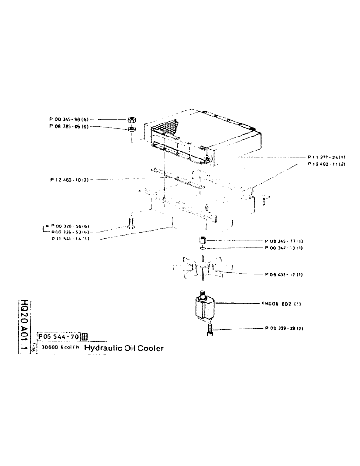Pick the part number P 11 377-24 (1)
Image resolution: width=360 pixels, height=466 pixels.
tap(325, 157)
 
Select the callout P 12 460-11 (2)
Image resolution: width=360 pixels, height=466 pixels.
tap(325, 164)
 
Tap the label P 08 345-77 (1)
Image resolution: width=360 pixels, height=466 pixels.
tap(284, 241)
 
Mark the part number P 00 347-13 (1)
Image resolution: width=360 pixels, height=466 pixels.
tap(284, 248)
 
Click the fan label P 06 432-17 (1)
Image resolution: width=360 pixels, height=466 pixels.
tap(284, 274)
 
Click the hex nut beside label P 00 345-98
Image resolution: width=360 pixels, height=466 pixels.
tap(132, 119)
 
